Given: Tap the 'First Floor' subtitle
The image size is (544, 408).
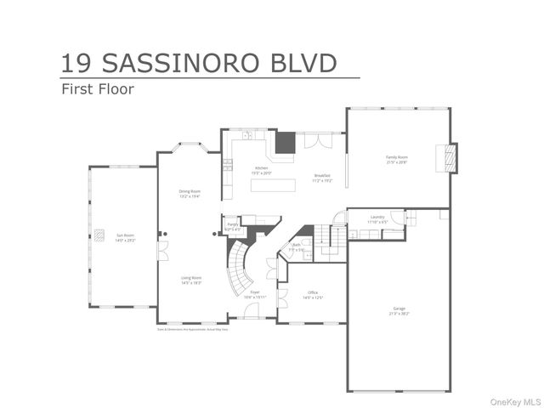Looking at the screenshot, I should (x=97, y=88).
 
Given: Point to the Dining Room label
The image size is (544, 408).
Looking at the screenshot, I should (x=190, y=193).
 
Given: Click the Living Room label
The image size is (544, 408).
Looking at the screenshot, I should (x=190, y=280).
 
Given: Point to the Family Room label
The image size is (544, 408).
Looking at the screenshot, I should (x=397, y=159).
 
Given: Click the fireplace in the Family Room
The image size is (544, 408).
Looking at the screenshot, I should (x=446, y=158).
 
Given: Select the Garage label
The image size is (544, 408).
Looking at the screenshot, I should (x=399, y=310).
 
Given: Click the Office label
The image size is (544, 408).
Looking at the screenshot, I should (x=312, y=294).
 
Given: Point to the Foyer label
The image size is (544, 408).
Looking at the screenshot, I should (x=255, y=294).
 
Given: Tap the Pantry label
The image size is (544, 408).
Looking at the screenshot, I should (x=232, y=226).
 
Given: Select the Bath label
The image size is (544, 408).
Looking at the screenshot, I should (x=297, y=248).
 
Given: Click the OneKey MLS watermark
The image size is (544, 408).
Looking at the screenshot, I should (x=513, y=399).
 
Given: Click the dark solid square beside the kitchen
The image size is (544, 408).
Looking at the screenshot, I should (x=284, y=141).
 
